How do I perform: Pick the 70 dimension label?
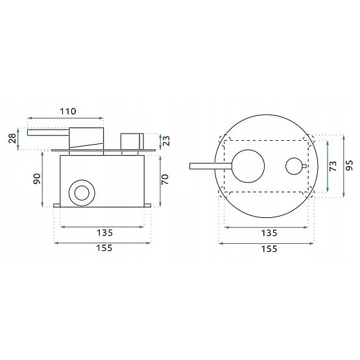(x=165, y=179)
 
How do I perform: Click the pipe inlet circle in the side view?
(x=82, y=191)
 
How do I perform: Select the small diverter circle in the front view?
(x=295, y=167)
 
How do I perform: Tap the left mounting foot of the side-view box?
(x=57, y=206)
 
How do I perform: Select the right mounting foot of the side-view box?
(x=147, y=206)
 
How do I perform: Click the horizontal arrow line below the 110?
(x=65, y=119)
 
